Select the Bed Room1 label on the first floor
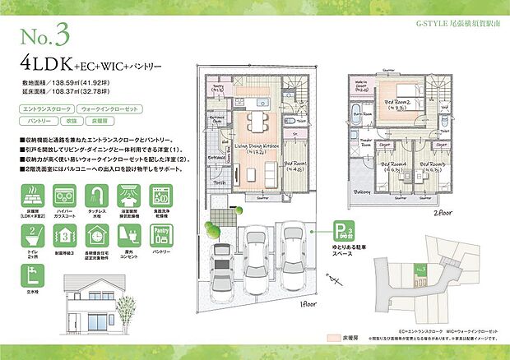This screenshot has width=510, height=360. (x=296, y=164)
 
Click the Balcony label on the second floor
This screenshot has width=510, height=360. (x=353, y=192)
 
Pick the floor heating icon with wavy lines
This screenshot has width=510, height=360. (x=33, y=198)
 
